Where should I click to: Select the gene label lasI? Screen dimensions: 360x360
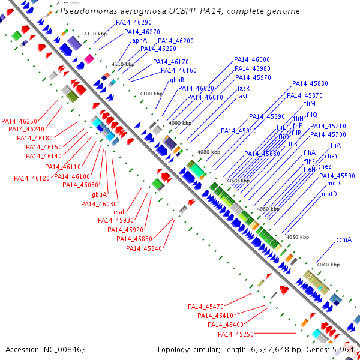(x=242, y=96)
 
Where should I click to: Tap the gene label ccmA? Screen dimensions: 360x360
(x=344, y=239)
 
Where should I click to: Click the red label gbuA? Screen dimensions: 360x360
(x=100, y=194)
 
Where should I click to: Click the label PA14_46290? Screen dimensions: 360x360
(x=134, y=22)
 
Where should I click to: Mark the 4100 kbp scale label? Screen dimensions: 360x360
(x=151, y=94)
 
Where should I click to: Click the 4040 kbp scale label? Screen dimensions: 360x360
(x=328, y=265)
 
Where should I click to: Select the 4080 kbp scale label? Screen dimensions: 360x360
(x=209, y=152)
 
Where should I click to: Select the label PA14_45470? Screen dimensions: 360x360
(x=206, y=306)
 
